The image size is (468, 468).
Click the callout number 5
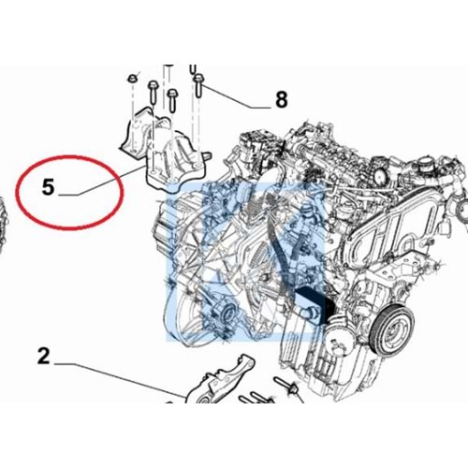pos(49,187)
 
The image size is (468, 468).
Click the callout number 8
pos(282,99)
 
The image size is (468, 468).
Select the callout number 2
pos(43,356)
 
